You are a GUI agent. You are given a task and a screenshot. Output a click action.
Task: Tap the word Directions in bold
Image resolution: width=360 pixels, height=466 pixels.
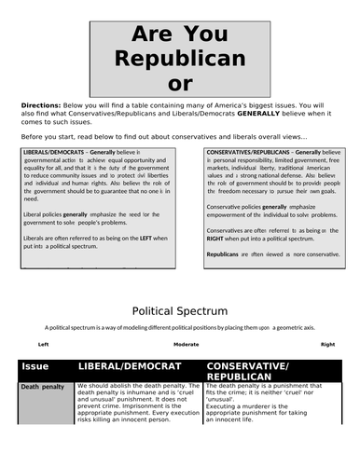point(41,106)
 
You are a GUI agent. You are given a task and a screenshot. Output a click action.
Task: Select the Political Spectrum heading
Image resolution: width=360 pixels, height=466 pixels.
point(179,309)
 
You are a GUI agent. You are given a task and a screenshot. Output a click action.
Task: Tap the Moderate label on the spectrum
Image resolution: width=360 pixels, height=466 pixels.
point(187,344)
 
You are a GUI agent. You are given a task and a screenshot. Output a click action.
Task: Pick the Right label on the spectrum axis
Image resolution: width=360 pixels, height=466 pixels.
point(326,344)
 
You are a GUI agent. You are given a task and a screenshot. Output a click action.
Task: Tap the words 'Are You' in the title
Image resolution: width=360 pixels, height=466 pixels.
point(179,34)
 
